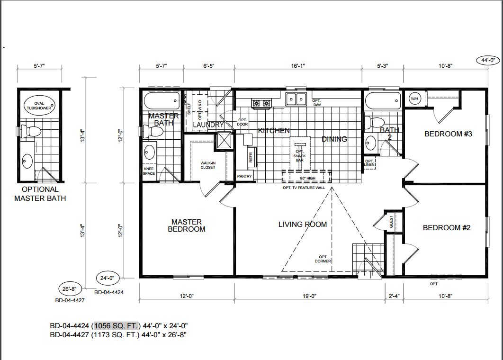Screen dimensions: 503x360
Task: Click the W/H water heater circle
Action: (414, 99)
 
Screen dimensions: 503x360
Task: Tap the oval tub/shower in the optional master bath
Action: (39, 106)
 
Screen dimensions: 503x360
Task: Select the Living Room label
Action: (303, 225)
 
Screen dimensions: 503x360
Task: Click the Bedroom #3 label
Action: (448, 134)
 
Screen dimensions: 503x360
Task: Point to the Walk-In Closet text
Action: (208, 165)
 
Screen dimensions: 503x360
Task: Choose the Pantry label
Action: (244, 177)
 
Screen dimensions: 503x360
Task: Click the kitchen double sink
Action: (296, 99)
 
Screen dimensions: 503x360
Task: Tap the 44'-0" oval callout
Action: (488, 60)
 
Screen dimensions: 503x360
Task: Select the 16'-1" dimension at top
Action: (298, 66)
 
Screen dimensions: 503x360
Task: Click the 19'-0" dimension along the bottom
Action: (310, 296)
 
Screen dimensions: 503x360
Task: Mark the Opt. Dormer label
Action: (323, 259)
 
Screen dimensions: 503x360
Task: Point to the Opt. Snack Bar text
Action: (300, 156)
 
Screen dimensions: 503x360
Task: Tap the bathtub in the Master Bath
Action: (162, 101)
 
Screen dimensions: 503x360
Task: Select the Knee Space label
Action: (149, 171)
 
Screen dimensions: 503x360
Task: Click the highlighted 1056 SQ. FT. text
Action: (117, 326)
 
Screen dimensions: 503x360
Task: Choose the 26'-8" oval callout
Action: (70, 289)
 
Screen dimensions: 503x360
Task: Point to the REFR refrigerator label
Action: (251, 157)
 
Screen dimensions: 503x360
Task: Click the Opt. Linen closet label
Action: (369, 162)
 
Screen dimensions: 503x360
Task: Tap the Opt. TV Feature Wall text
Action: (304, 188)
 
